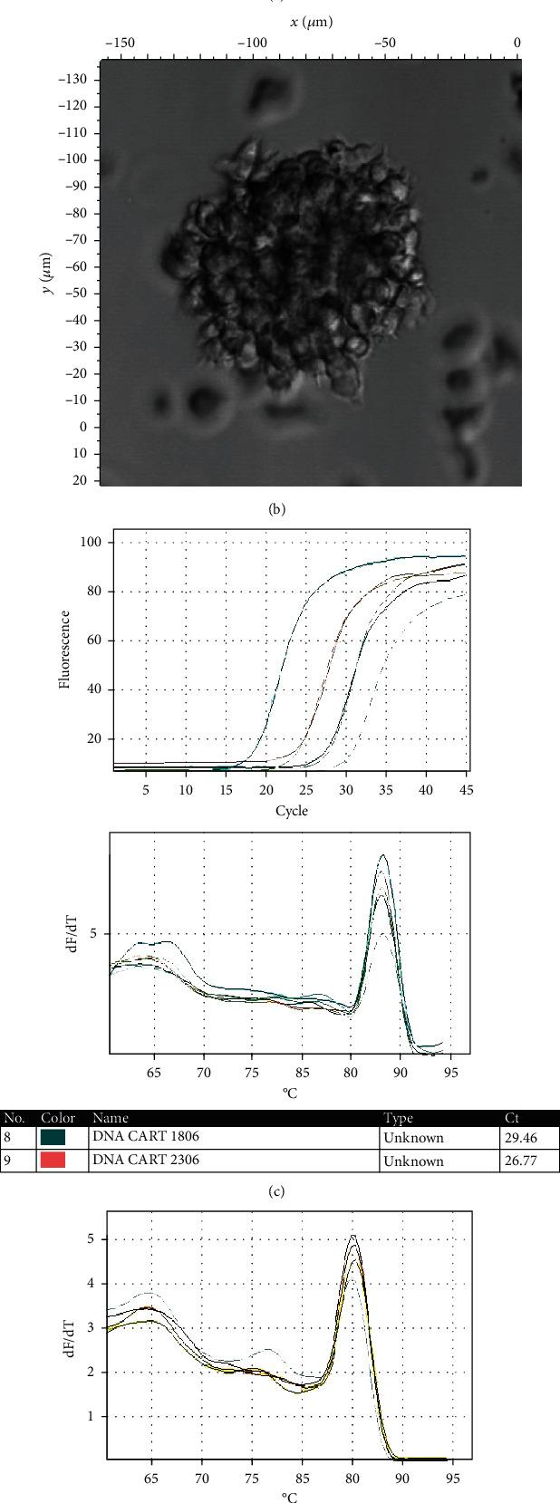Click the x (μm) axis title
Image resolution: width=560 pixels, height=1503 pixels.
click(x=305, y=22)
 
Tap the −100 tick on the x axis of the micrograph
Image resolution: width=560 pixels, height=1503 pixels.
click(x=252, y=43)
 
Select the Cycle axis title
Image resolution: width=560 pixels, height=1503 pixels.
click(x=291, y=811)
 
